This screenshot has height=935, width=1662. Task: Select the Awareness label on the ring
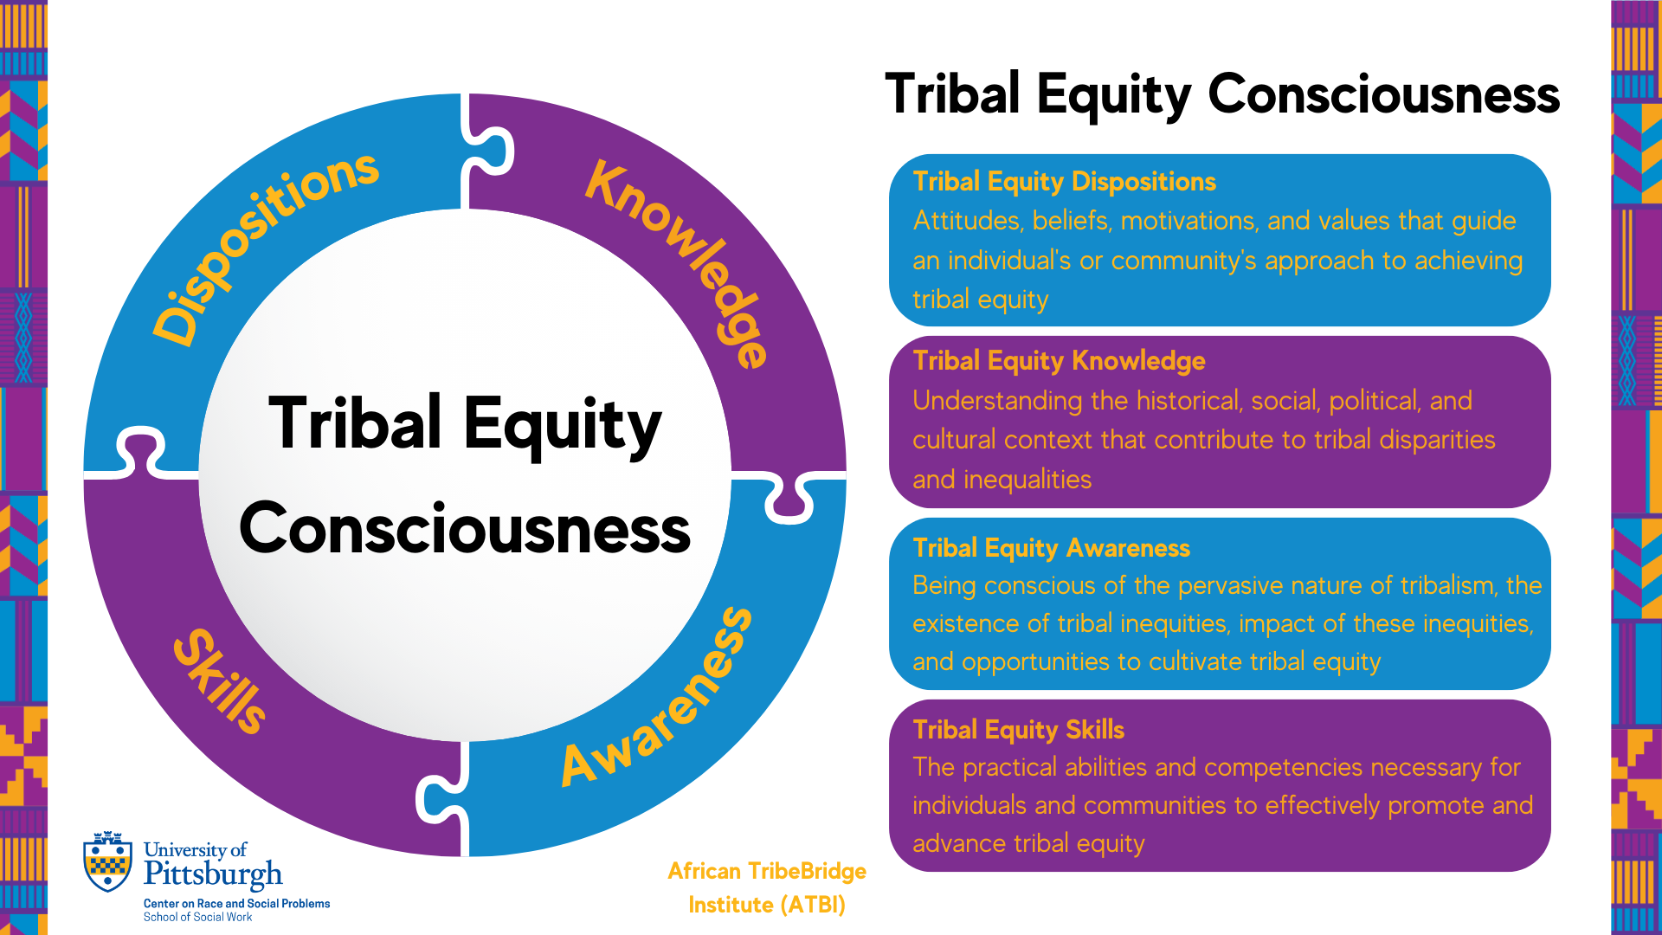(658, 697)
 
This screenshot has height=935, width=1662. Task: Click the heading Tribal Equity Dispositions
(1064, 182)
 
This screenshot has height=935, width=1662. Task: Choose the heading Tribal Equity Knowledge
(1059, 361)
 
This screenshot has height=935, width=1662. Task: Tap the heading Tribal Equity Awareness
(1051, 548)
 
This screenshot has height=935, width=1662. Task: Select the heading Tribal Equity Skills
(1018, 730)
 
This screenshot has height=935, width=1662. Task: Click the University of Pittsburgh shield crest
(108, 861)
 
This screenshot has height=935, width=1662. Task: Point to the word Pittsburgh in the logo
(213, 874)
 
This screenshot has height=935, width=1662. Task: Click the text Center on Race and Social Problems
(236, 903)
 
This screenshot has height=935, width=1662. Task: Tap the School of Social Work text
(197, 917)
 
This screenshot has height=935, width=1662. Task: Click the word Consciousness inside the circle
(465, 529)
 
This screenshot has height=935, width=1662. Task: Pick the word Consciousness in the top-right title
(1383, 93)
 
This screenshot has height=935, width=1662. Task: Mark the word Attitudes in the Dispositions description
(968, 221)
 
